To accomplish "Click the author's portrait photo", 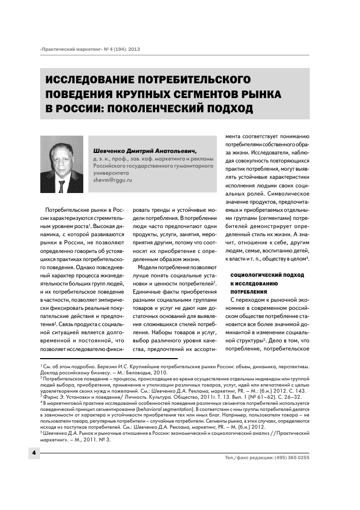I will pyautogui.click(x=62, y=164).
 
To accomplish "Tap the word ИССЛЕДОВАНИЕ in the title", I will pyautogui.click(x=96, y=80).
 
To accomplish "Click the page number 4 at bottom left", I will pyautogui.click(x=34, y=452).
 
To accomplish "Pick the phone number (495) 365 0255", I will pyautogui.click(x=288, y=457).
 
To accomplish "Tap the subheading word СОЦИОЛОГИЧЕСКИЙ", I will pyautogui.click(x=253, y=274).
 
